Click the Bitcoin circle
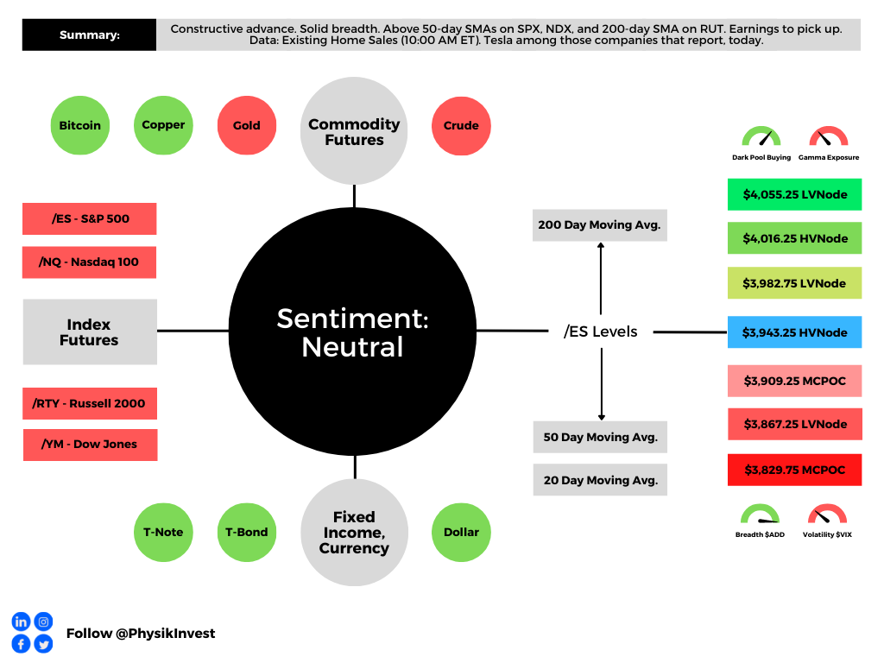tap(80, 125)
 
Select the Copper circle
tap(163, 125)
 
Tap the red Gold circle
tap(247, 125)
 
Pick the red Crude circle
tap(461, 126)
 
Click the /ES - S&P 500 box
tap(90, 218)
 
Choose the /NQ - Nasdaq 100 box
tap(89, 262)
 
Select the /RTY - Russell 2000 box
tap(90, 403)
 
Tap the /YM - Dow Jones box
tap(90, 445)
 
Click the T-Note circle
tap(163, 532)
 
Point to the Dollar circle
tap(461, 532)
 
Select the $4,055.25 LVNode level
tap(795, 194)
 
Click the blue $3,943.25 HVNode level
tap(795, 332)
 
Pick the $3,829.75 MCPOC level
tap(795, 470)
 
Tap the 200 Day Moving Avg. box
tap(600, 225)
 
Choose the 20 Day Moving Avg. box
tap(601, 480)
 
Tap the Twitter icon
tap(43, 644)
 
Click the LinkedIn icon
tap(21, 622)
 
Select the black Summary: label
tap(89, 35)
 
